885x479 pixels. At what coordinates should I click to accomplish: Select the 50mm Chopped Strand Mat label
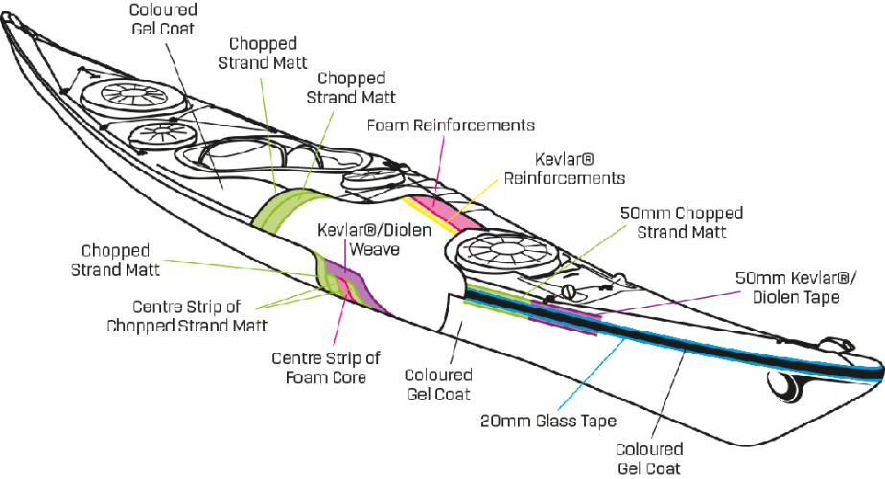(x=681, y=220)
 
